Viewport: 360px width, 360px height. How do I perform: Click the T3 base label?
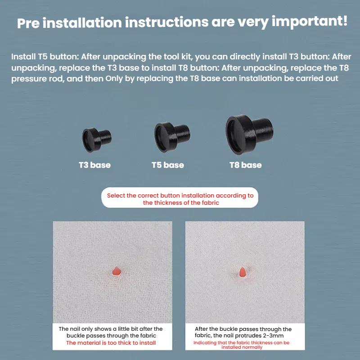point(94,165)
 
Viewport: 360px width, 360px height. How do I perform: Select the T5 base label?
point(167,165)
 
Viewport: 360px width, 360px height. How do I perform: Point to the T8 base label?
point(245,165)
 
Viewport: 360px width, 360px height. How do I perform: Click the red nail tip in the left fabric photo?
point(117,271)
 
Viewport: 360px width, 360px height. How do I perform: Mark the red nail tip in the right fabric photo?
point(243,272)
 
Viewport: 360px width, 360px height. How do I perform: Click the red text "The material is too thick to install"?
point(111,343)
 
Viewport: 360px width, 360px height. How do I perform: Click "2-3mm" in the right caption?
point(272,336)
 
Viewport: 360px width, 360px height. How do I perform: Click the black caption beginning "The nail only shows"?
point(111,332)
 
